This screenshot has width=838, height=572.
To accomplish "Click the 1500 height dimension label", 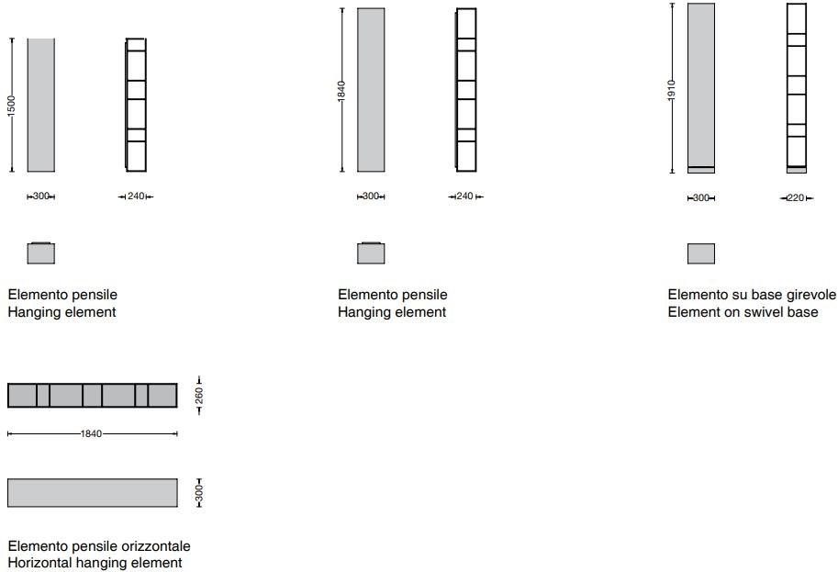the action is (11, 106).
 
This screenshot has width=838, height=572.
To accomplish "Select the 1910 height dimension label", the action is (672, 89).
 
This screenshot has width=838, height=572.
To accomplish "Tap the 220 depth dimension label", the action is (796, 197).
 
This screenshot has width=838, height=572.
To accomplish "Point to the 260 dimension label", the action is (199, 396).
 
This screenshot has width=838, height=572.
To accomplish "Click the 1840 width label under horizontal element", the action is (91, 434).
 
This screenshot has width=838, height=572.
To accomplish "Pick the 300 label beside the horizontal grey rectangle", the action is (199, 493).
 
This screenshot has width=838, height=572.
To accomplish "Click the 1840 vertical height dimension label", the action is (341, 90).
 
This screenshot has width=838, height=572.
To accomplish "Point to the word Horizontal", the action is (40, 563).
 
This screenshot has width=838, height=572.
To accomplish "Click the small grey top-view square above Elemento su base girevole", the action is (701, 253).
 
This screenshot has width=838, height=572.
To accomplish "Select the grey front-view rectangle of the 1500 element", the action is (41, 106).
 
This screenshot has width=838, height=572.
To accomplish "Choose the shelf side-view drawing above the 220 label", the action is (797, 88).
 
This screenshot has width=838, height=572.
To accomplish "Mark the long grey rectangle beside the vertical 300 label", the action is (93, 493).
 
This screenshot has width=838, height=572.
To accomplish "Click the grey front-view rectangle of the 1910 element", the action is (701, 88).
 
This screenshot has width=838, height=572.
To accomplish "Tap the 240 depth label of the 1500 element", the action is (136, 196).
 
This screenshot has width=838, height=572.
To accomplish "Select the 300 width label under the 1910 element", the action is (700, 197).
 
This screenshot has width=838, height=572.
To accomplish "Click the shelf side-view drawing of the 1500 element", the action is (136, 105).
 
